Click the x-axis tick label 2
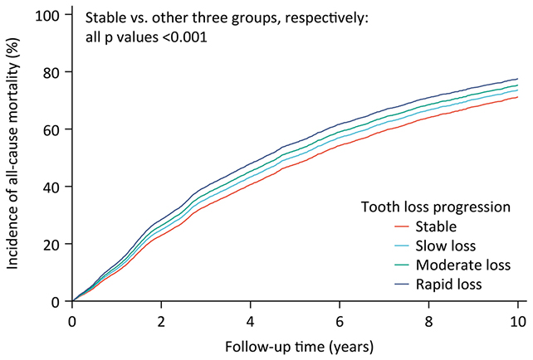(161, 320)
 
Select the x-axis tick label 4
(250, 320)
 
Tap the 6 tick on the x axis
(340, 320)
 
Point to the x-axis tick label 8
(428, 320)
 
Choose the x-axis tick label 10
(517, 320)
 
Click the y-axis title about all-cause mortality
(14, 158)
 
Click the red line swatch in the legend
(403, 225)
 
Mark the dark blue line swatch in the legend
(403, 285)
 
